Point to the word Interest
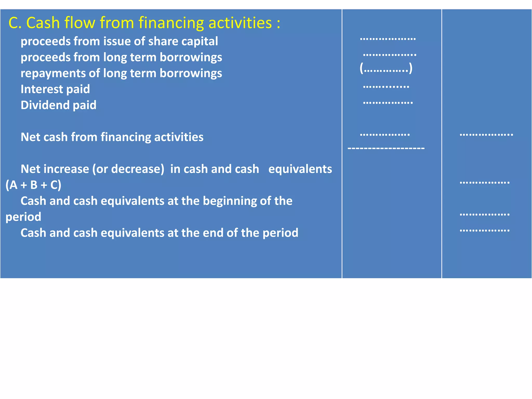[x=42, y=89]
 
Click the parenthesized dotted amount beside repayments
[x=386, y=69]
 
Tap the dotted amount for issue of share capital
[x=388, y=39]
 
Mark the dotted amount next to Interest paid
[x=386, y=87]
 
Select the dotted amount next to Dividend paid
[x=388, y=103]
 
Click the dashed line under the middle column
[x=386, y=148]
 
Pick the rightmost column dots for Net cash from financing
[x=486, y=135]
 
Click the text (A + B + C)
[x=34, y=185]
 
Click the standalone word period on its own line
[x=23, y=217]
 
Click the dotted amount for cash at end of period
[x=484, y=230]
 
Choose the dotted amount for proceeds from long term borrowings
[x=389, y=55]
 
